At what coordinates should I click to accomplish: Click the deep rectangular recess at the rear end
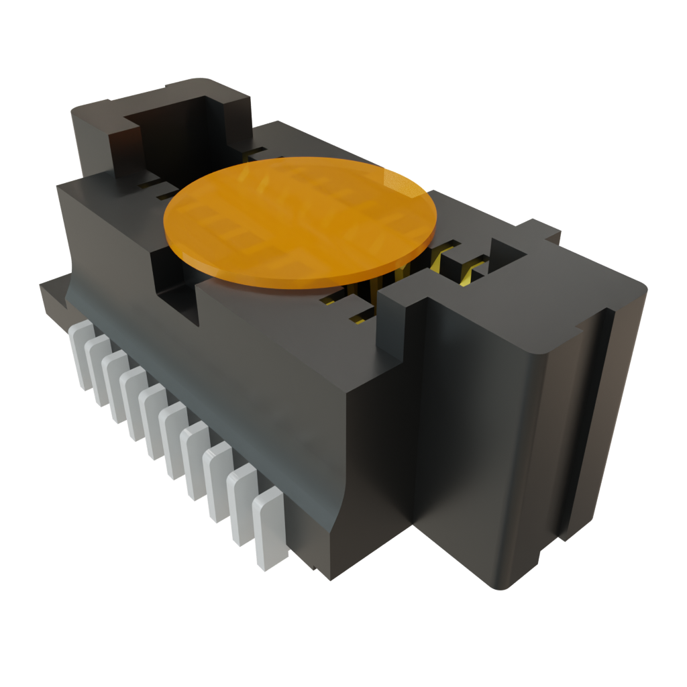point(168,134)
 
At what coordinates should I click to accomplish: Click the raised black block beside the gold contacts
point(403,315)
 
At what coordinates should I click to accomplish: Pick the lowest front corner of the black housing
point(329,577)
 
